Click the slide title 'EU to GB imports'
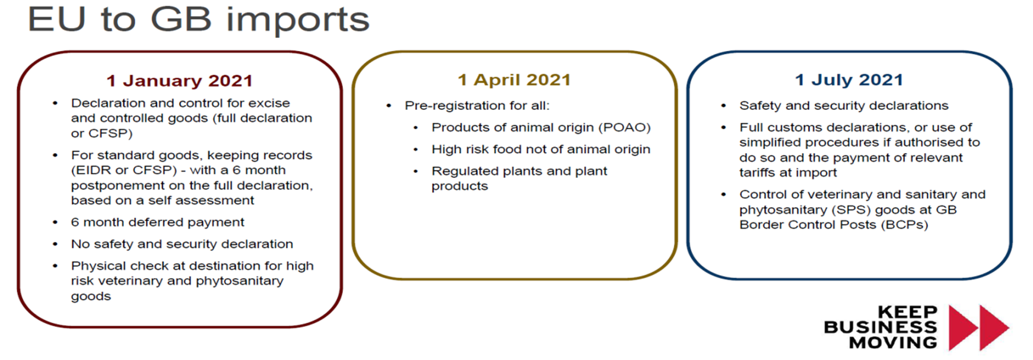point(199,19)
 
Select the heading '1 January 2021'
point(180,81)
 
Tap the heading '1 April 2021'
point(514,80)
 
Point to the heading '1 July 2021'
point(849,80)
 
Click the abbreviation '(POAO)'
point(627,128)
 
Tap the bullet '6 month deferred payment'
point(157,222)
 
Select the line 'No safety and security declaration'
point(182,244)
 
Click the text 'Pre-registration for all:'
point(477,106)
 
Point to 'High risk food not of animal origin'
point(541,149)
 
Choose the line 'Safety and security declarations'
point(844,106)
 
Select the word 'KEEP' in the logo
point(908,312)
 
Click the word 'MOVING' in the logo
point(894,343)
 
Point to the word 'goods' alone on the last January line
point(91,297)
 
